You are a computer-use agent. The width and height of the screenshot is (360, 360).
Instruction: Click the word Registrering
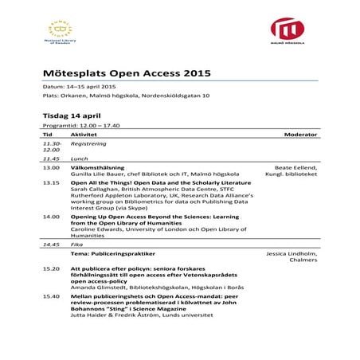click(x=89, y=145)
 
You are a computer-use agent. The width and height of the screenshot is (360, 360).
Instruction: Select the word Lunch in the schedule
click(x=79, y=159)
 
